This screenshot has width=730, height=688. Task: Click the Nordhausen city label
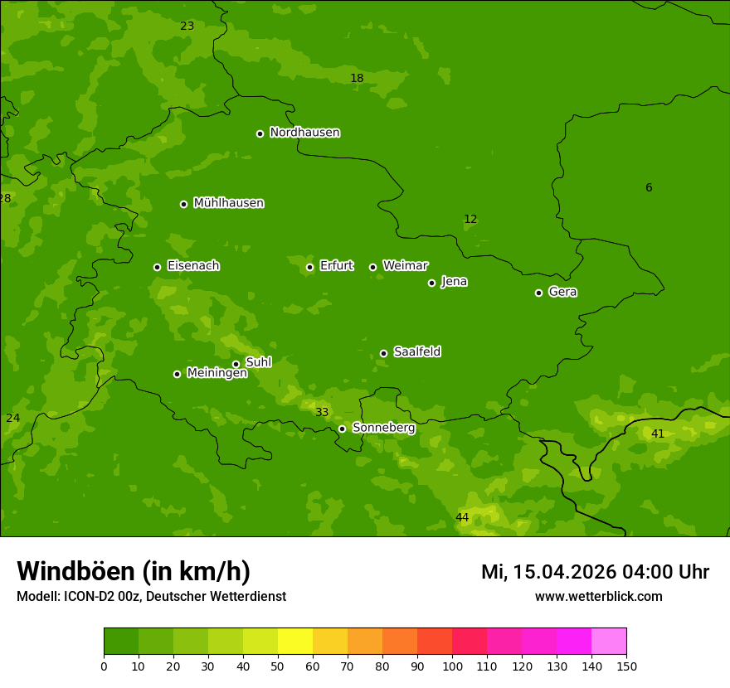[304, 133]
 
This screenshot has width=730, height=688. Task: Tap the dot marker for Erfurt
[309, 267]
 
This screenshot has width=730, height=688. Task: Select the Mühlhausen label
[228, 203]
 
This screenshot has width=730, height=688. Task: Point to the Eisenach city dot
[157, 267]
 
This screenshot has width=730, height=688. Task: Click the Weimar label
[405, 266]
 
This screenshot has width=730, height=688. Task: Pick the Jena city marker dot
[431, 283]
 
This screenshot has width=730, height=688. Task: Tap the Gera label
[562, 292]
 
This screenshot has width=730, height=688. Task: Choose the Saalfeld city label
[416, 352]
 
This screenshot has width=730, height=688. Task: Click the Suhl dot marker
[236, 364]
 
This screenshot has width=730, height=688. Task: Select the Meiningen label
[217, 373]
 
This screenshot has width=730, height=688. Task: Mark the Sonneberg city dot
[342, 429]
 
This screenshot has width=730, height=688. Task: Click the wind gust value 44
[462, 518]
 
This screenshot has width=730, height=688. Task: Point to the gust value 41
[658, 434]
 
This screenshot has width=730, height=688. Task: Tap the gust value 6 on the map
[649, 188]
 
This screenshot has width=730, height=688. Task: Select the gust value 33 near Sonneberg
[322, 413]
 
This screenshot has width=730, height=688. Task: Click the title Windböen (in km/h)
[134, 571]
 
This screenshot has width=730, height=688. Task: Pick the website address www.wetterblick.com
[598, 596]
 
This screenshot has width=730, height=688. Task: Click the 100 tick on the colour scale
[452, 666]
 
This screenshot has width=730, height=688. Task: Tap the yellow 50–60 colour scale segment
[295, 642]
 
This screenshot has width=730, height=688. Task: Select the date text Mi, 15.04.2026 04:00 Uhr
[595, 572]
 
